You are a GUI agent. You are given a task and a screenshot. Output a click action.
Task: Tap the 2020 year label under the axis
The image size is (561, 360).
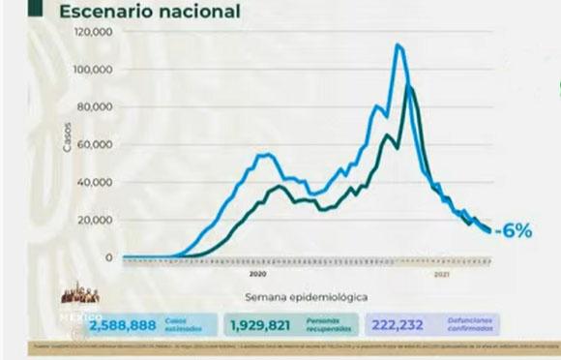pyautogui.click(x=262, y=272)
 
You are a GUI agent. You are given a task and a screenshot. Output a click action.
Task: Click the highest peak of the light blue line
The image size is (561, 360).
pyautogui.click(x=398, y=45)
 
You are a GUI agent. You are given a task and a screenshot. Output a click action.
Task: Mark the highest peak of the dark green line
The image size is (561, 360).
pyautogui.click(x=410, y=88)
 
